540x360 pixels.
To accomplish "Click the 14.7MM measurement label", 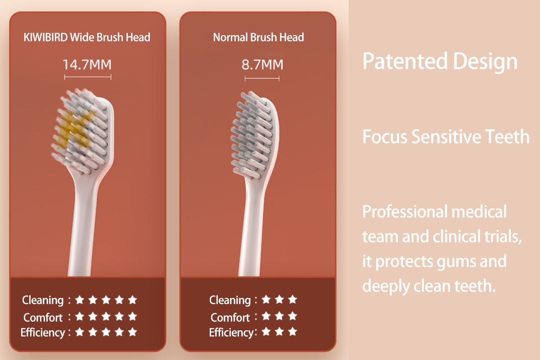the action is point(87,65).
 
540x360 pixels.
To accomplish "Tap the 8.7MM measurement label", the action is point(262,65).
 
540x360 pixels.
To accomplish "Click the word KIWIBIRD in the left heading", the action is point(45,37).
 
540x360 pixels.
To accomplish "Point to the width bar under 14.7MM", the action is point(88,77).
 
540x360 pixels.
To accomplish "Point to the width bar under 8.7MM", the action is point(262,78).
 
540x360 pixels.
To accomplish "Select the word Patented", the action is point(405,61).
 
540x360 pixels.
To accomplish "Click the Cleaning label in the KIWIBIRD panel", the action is point(43,301).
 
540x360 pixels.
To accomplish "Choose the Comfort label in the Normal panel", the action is point(230,317).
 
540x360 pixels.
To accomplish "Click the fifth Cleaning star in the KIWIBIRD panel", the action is point(132,300).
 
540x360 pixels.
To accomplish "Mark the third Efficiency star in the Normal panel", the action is point(292,332).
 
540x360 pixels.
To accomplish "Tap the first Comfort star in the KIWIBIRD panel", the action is point(80,316).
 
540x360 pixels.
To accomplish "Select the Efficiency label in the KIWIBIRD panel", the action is point(43,333).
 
